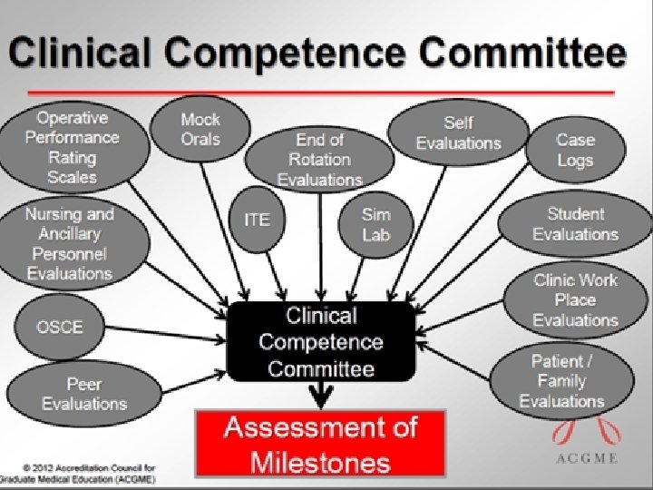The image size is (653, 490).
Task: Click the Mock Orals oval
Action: (200, 129)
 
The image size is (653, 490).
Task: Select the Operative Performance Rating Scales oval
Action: (73, 147)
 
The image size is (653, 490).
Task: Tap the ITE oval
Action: (257, 220)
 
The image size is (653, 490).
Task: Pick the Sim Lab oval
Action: (375, 223)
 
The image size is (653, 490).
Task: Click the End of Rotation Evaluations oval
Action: (320, 160)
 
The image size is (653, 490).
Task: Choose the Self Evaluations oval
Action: (458, 133)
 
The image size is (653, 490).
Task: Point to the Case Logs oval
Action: (575, 150)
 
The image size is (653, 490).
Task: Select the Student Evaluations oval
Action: (575, 224)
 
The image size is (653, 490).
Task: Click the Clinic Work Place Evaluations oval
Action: (575, 299)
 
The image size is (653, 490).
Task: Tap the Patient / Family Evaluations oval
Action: (561, 381)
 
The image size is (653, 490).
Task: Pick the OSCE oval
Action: (59, 327)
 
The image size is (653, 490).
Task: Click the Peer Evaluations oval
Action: (83, 393)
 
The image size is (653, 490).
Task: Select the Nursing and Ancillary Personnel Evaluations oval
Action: (70, 243)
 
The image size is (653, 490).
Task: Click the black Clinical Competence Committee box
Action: (321, 342)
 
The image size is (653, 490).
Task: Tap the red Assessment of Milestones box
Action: (320, 444)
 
